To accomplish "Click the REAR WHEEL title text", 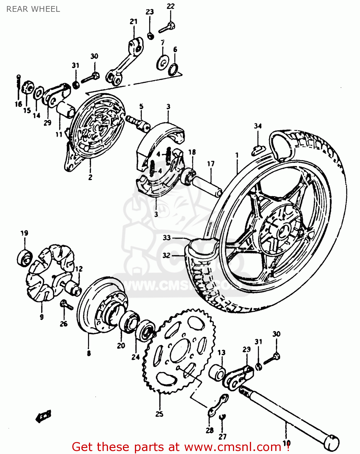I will pyautogui.click(x=33, y=9).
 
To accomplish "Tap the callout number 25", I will pyautogui.click(x=159, y=414).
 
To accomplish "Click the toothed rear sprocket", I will pyautogui.click(x=178, y=351).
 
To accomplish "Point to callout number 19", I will pyautogui.click(x=24, y=233).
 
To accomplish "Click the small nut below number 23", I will pyautogui.click(x=150, y=36).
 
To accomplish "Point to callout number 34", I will pyautogui.click(x=257, y=126).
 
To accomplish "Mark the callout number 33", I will pyautogui.click(x=167, y=238).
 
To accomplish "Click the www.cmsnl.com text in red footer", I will pyautogui.click(x=233, y=447).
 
